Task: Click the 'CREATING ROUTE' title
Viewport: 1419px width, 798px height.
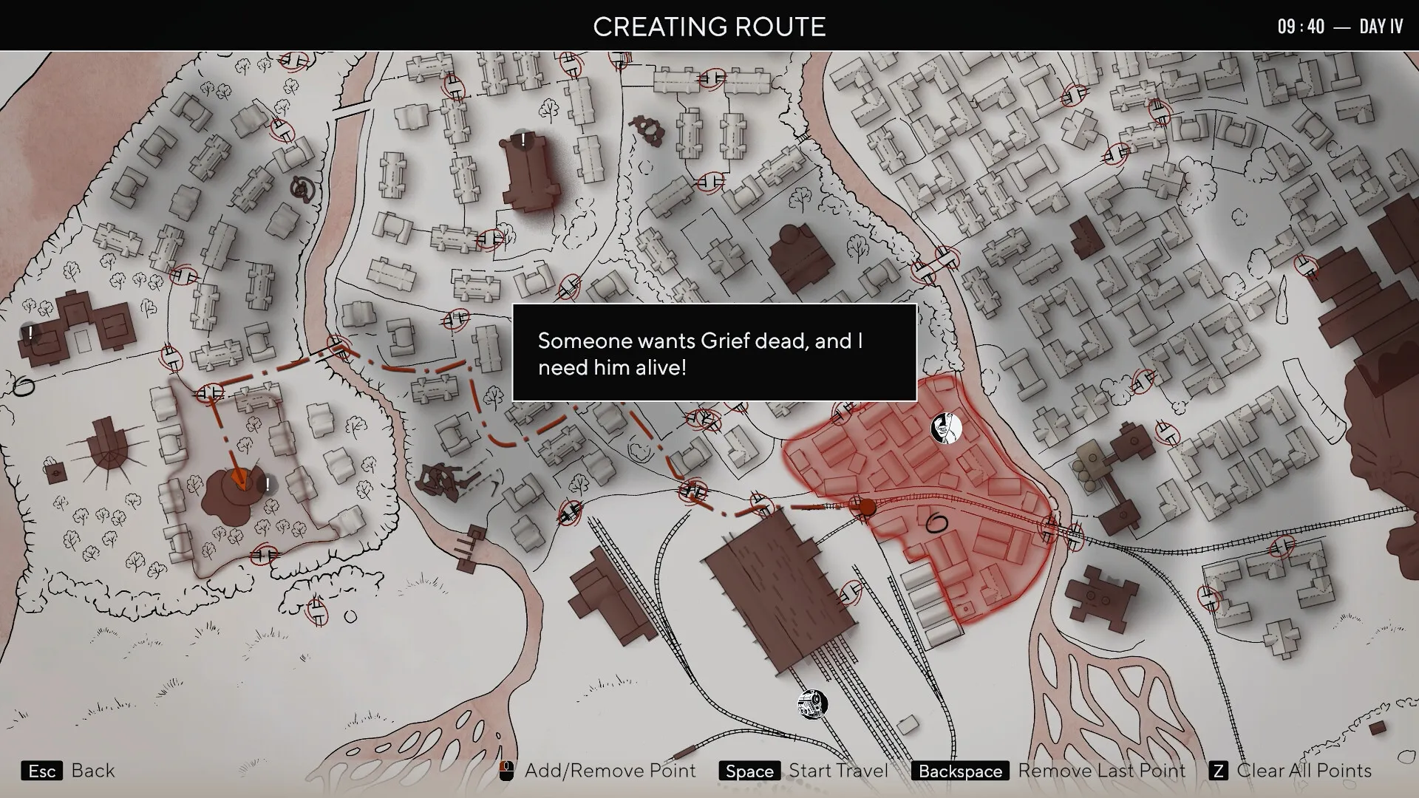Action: click(709, 27)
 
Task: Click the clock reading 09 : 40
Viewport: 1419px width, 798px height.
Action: click(1301, 27)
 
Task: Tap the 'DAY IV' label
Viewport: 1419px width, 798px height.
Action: click(1381, 27)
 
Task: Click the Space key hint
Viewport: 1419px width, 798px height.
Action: click(749, 771)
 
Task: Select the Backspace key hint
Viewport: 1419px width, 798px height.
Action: click(960, 771)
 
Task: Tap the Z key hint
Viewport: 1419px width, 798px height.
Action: click(1218, 771)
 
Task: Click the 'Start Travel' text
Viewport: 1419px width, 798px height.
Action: click(838, 771)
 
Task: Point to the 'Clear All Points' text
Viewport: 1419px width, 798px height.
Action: click(1304, 771)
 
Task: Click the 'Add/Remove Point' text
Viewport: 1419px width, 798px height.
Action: click(610, 771)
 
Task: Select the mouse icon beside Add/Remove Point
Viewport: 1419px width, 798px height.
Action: click(506, 771)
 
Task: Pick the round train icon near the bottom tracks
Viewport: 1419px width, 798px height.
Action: click(812, 704)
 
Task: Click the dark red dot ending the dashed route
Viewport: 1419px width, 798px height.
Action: click(866, 508)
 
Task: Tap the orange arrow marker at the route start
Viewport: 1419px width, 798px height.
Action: click(238, 479)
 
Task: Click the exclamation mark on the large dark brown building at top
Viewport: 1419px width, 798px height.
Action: click(523, 139)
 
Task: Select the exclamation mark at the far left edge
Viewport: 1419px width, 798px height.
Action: click(30, 333)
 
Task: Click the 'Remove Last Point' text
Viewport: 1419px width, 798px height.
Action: click(1101, 771)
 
